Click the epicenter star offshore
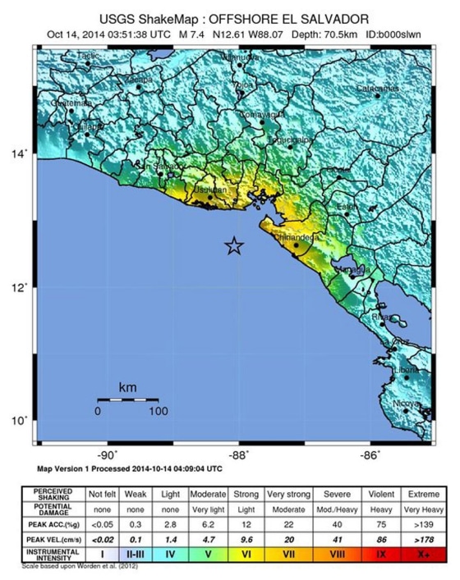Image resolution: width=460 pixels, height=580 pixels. [234, 245]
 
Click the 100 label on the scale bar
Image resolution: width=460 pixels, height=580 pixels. [158, 411]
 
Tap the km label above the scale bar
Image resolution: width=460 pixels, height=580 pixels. [128, 386]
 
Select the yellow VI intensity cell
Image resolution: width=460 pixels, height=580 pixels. [246, 555]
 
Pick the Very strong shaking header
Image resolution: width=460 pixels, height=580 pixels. [287, 494]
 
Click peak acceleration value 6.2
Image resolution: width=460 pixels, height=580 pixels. [207, 523]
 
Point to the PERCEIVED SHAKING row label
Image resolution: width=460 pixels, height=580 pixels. [52, 494]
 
